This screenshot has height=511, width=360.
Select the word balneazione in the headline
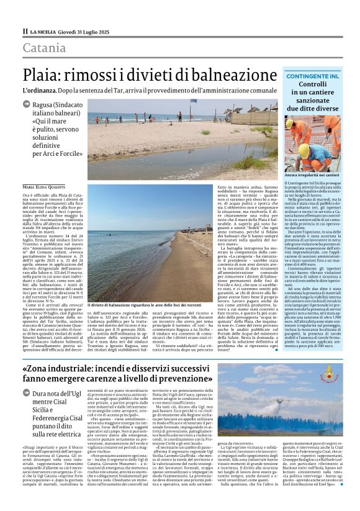(x=231, y=74)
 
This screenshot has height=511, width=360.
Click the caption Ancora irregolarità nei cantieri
(x=312, y=175)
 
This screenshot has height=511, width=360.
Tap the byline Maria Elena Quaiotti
(x=43, y=186)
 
